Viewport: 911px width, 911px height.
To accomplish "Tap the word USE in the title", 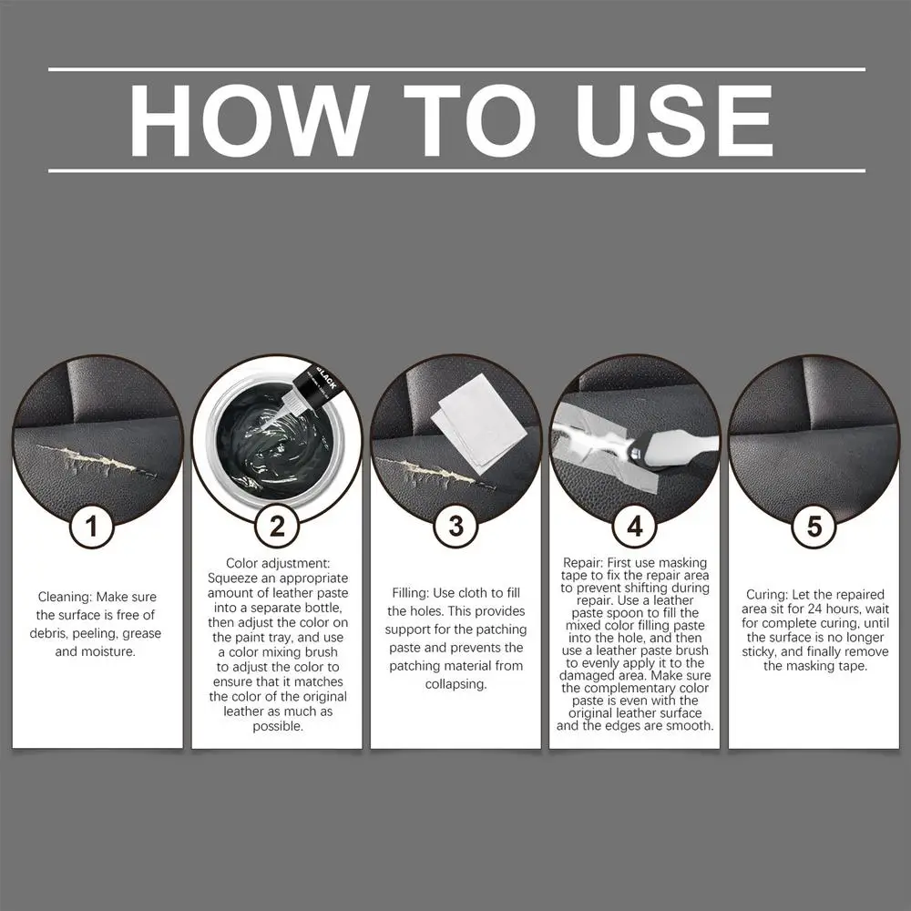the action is (673, 120).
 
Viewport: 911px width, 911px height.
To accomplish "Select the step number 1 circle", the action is (91, 527).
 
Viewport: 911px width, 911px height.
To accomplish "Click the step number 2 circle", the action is (277, 527).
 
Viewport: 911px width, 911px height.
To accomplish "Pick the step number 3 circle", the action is (455, 527).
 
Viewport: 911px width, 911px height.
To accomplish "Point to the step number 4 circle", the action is (634, 527).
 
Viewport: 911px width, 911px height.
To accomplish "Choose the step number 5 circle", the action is (814, 527).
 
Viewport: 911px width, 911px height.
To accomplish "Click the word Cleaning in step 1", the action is (65, 598).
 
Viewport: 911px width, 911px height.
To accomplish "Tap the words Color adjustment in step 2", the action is (278, 564).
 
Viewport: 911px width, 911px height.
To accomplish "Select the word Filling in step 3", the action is (410, 593).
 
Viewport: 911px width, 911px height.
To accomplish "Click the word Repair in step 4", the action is (583, 563).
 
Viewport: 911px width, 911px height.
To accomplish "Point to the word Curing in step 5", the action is (766, 595).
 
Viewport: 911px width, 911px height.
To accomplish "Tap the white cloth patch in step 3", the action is (480, 419).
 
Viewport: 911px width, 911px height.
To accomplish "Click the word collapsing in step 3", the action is (455, 684).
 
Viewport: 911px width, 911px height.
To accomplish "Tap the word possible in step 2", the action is (278, 727).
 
